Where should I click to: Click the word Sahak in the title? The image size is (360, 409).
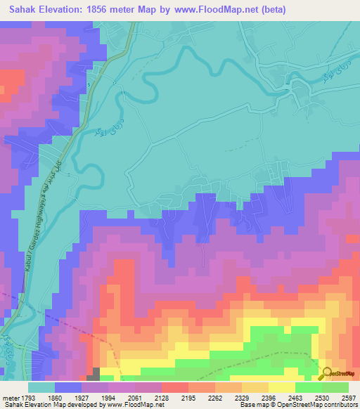[21, 10]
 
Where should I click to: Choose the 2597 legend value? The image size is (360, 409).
[349, 397]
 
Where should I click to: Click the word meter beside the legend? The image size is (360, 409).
[8, 397]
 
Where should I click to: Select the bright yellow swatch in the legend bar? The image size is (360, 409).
[281, 387]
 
